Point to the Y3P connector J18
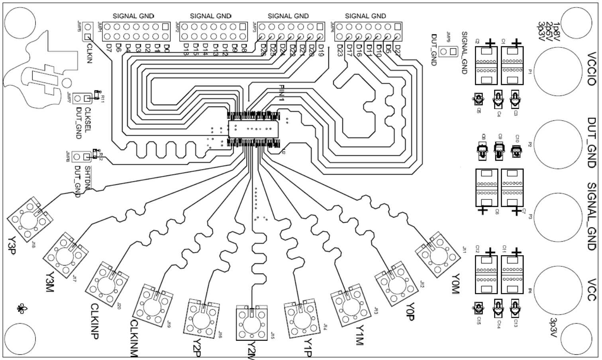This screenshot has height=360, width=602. click(x=30, y=218)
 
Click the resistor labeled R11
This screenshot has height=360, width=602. click(x=96, y=95)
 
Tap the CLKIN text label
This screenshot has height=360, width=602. click(x=90, y=52)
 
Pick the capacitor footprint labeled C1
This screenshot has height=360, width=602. click(x=512, y=65)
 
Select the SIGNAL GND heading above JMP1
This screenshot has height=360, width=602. click(x=133, y=16)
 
